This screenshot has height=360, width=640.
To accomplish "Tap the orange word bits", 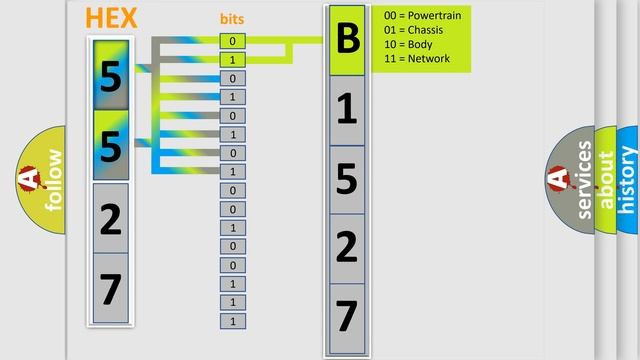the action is tap(232, 19).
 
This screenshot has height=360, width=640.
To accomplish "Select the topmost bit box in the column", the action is tap(232, 41).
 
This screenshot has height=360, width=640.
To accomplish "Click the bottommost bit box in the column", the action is tap(232, 321).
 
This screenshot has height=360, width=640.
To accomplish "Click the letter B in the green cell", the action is tap(347, 40).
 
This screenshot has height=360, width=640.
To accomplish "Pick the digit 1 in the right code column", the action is tap(347, 110).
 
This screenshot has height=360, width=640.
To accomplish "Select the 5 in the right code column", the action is tap(347, 180).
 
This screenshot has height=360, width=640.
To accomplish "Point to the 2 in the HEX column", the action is tap(111, 218).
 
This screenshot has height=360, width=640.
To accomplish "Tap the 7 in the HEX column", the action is tap(111, 289).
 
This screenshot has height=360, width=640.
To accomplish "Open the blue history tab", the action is tap(629, 180).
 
